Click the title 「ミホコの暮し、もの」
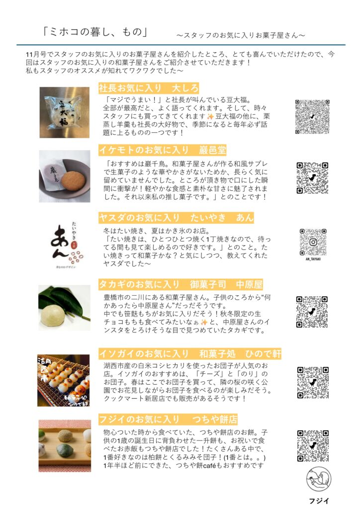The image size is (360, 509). coord(95,32)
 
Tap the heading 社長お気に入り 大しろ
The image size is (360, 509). coord(148,88)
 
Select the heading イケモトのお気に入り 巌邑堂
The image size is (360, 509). coord(162,150)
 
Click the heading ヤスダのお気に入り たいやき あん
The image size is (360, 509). coord(176,218)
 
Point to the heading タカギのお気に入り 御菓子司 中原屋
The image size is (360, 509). coord(180,284)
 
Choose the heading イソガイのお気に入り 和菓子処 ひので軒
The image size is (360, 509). coord(190,353)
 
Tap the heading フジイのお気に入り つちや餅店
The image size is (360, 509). coord(168,419)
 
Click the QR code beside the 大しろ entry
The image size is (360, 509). coord(312,116)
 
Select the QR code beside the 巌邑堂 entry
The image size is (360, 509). coord(312,178)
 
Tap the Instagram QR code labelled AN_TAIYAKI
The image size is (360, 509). coord(313,242)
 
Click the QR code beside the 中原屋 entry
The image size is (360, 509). coord(312,312)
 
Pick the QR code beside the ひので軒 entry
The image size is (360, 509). coord(313,382)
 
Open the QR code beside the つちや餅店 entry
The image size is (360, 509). coord(313,446)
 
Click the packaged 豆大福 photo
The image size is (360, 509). coord(64,112)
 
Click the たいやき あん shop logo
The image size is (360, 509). coord(66,245)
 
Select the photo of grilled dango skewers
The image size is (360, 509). coord(63,380)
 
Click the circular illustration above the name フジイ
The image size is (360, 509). coord(319,479)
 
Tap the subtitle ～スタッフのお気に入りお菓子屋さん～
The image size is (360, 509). coord(241,35)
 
